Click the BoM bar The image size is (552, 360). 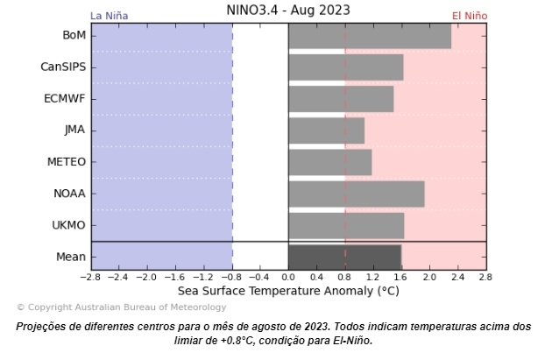click(x=369, y=36)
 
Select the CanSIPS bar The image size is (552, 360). click(x=345, y=67)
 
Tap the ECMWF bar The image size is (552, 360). click(x=340, y=99)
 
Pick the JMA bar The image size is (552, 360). click(x=326, y=131)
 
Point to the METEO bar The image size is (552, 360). click(x=329, y=162)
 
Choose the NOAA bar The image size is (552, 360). click(x=356, y=194)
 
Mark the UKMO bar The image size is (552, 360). click(x=345, y=225)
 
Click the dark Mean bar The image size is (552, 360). click(x=344, y=257)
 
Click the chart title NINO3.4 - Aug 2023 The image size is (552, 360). click(x=287, y=11)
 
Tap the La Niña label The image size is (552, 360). click(x=110, y=16)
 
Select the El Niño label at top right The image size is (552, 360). click(x=470, y=16)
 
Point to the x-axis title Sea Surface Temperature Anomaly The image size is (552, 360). click(x=288, y=290)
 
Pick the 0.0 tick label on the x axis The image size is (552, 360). click(x=288, y=277)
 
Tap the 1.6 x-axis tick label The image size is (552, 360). click(x=401, y=277)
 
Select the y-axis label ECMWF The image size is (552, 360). click(x=65, y=99)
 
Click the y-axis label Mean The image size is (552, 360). click(x=72, y=257)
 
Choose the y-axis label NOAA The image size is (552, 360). click(x=68, y=194)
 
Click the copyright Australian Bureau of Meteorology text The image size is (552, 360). click(x=121, y=307)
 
